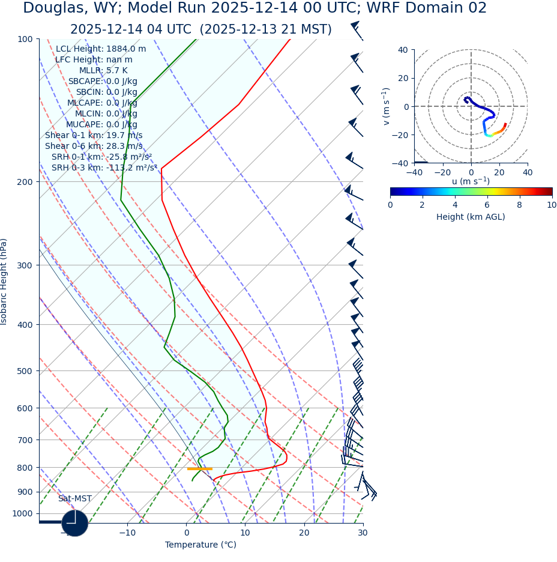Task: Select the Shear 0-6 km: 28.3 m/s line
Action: (x=94, y=146)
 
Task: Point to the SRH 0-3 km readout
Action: (x=104, y=168)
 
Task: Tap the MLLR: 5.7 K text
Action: (x=103, y=71)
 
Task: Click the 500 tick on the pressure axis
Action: (x=25, y=371)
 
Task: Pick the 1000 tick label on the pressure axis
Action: (x=22, y=513)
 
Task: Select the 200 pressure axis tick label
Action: (x=25, y=182)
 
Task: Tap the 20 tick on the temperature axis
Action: (x=304, y=532)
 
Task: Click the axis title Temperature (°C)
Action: (x=200, y=545)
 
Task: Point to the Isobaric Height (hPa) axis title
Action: (x=4, y=282)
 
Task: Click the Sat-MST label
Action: (x=75, y=499)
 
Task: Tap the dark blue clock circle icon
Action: (x=75, y=523)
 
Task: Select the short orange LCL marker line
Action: (x=199, y=469)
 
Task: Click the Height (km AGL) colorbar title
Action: (x=471, y=217)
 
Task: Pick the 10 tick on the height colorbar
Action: (x=552, y=205)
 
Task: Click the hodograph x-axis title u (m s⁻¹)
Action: (x=471, y=181)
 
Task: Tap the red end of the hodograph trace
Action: (x=505, y=124)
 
